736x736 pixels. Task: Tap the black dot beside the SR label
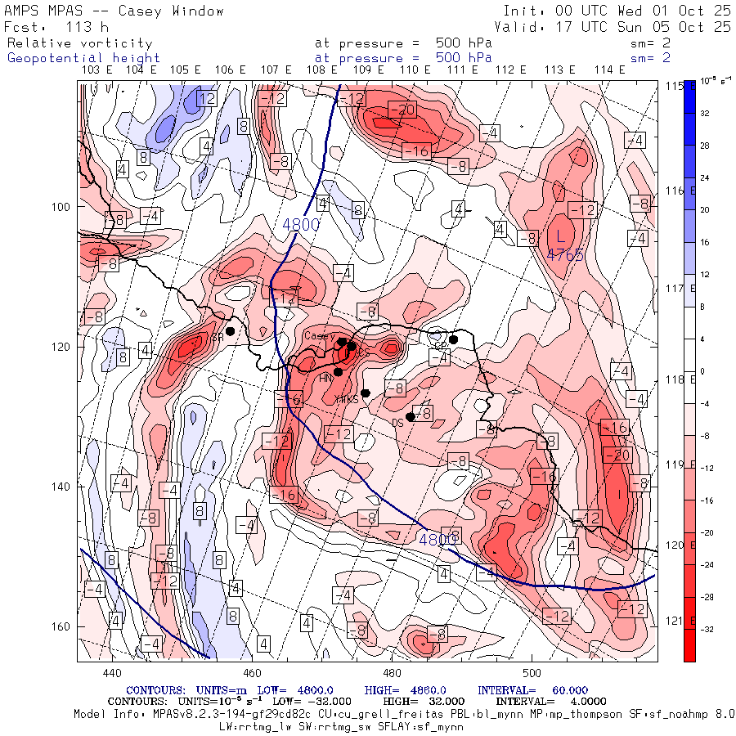(x=231, y=331)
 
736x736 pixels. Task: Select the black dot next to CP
(x=453, y=339)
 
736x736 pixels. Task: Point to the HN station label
(x=325, y=377)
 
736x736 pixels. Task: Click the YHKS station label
(x=347, y=399)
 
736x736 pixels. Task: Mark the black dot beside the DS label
(x=411, y=417)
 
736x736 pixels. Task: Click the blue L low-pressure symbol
(x=560, y=236)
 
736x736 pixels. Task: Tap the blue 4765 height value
(x=565, y=255)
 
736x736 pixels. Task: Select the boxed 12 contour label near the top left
(x=206, y=99)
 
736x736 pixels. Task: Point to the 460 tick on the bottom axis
(x=251, y=673)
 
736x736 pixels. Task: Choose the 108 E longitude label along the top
(x=323, y=70)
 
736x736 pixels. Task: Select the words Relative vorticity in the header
(x=79, y=43)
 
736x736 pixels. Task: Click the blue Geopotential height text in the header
(x=83, y=58)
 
